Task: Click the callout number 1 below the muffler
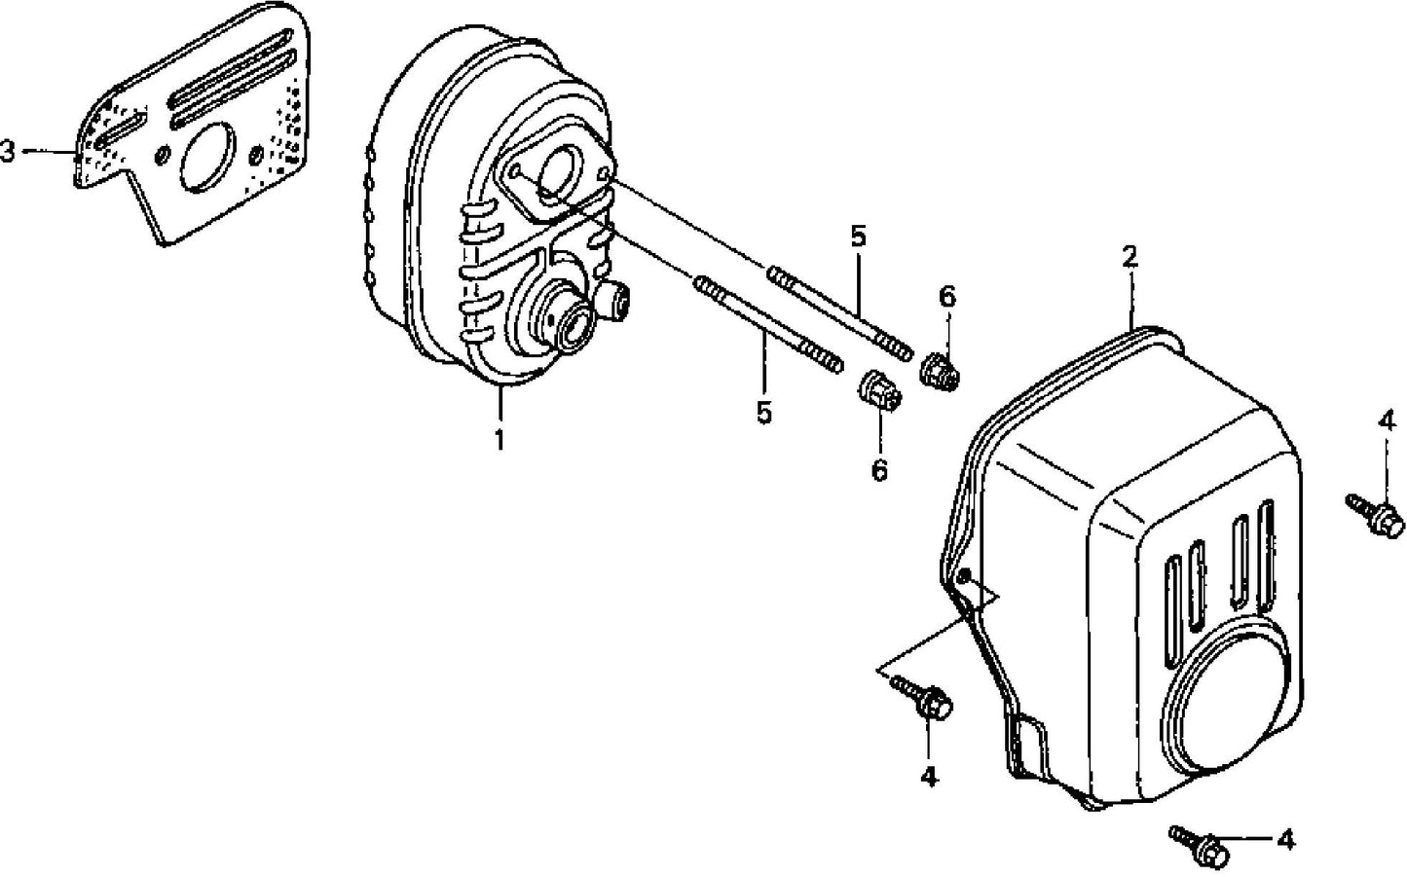tap(499, 440)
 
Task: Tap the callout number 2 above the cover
tap(1129, 257)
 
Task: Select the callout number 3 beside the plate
tap(9, 152)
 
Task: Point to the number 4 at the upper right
tap(1386, 422)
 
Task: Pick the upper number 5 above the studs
tap(857, 237)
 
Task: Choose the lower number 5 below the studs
tap(764, 413)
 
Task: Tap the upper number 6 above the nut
tap(946, 297)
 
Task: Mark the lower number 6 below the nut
tap(879, 471)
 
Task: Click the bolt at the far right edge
tap(1377, 515)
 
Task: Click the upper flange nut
tap(940, 370)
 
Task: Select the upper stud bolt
tap(839, 311)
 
